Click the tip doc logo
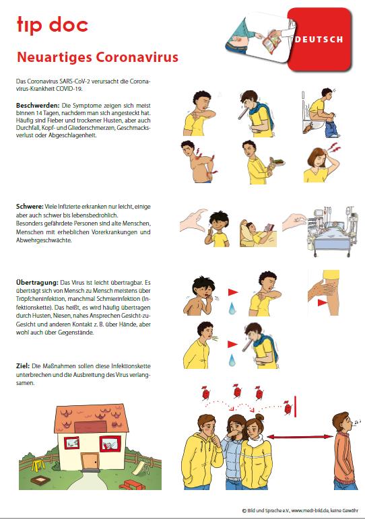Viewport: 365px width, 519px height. [53, 25]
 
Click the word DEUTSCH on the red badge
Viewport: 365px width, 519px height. [319, 40]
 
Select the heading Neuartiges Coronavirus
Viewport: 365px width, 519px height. [98, 57]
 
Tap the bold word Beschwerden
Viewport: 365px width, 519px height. [38, 106]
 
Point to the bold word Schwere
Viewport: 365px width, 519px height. [30, 207]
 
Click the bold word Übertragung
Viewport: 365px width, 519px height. [37, 282]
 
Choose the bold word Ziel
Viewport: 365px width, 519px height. [22, 366]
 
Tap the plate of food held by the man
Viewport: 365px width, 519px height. [277, 161]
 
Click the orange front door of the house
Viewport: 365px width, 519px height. [90, 461]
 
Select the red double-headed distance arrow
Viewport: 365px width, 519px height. [300, 437]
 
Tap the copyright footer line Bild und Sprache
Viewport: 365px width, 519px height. [300, 511]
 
